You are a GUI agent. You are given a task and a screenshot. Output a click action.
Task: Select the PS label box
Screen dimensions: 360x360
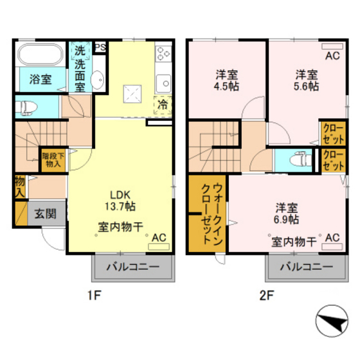[x=100, y=47]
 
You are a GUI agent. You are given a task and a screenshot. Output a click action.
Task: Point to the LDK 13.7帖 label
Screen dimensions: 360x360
[x=121, y=201]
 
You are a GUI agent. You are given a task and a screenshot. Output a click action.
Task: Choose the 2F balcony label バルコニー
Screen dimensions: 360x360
[x=305, y=267]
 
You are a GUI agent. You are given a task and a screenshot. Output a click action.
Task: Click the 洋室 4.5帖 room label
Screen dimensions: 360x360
[x=228, y=80]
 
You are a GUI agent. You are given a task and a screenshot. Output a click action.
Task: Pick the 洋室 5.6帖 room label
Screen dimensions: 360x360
[x=307, y=80]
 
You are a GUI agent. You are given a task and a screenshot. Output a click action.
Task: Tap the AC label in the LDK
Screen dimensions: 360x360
[x=159, y=237]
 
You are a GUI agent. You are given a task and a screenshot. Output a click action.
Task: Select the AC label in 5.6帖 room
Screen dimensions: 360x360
[x=332, y=56]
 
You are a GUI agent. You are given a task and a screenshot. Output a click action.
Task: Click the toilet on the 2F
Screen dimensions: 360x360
[x=297, y=157]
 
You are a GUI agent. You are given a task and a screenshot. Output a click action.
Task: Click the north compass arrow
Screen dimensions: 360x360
[x=332, y=321]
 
